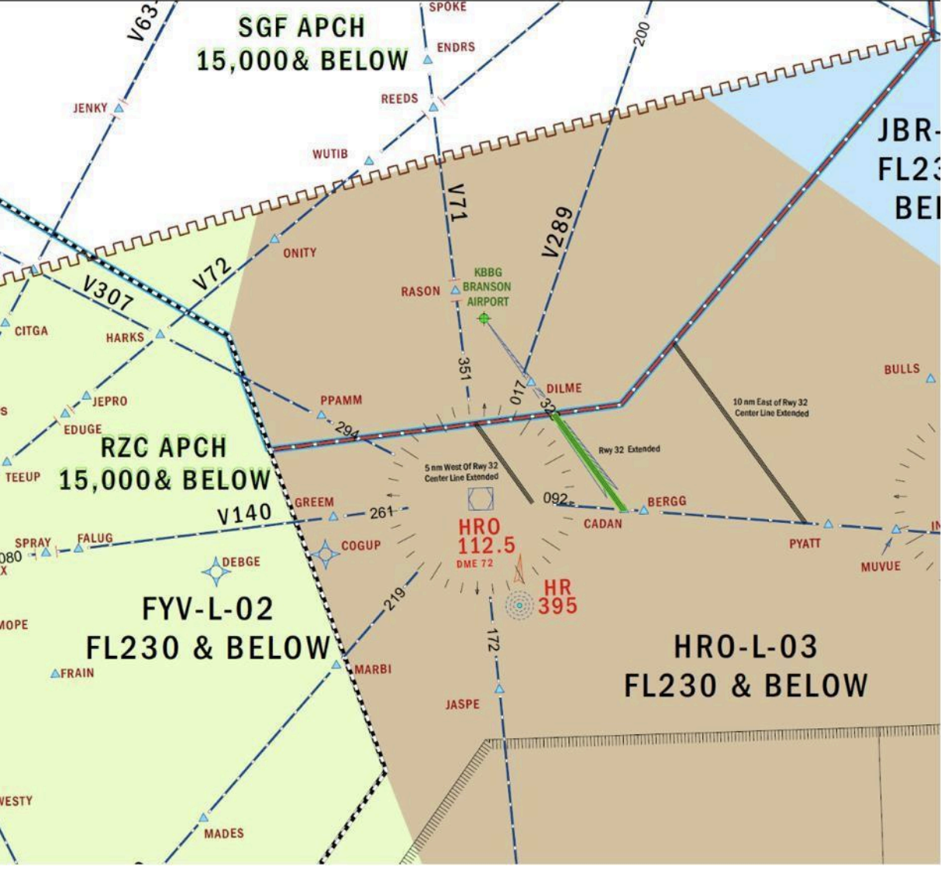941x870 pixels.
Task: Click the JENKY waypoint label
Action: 90,108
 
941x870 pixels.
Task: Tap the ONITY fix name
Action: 299,253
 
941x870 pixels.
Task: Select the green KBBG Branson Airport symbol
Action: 484,319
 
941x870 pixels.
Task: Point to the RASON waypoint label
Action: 420,292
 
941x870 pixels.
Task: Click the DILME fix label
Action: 564,388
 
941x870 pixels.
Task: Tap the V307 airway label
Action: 108,295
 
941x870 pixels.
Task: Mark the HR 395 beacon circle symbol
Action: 519,605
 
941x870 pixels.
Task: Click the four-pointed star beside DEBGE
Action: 216,571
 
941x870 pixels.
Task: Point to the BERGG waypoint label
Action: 667,502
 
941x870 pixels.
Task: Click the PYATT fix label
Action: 805,544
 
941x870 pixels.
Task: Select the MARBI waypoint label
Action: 373,668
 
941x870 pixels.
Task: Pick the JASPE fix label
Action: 462,704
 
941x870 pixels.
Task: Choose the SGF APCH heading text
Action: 301,28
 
